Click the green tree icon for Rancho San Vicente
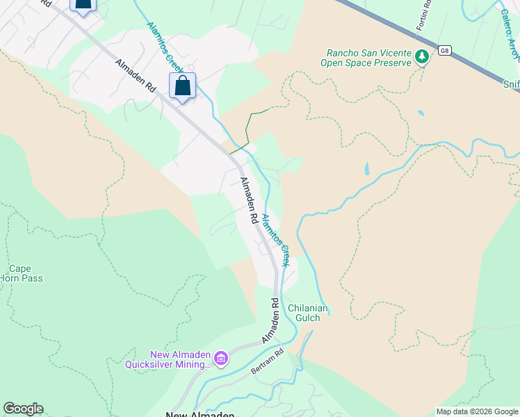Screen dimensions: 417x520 click(x=421, y=57)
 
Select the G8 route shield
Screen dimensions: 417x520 click(x=444, y=50)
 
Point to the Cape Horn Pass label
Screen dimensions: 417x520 click(x=26, y=273)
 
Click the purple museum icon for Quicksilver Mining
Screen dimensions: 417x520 click(x=221, y=359)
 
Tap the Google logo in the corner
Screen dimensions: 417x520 click(x=23, y=409)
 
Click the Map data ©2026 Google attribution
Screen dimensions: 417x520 click(x=476, y=411)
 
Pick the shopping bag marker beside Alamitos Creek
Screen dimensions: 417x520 click(x=182, y=87)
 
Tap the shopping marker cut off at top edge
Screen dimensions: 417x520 click(x=83, y=6)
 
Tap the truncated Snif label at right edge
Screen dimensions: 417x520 click(x=511, y=82)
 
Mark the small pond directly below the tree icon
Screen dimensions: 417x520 click(x=421, y=113)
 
